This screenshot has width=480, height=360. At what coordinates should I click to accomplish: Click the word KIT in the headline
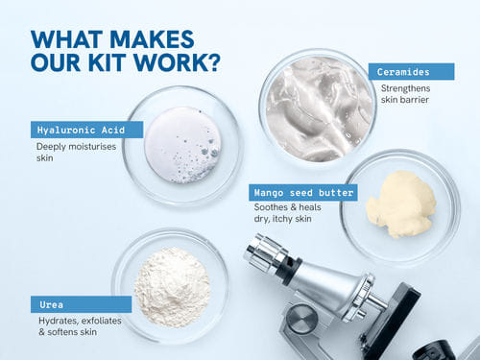[106, 62]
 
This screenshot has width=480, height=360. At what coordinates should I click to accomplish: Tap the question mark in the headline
[212, 62]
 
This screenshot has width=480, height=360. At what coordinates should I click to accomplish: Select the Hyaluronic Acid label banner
[86, 130]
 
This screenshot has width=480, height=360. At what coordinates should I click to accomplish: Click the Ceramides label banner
[411, 72]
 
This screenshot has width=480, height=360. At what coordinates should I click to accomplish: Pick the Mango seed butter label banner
[303, 193]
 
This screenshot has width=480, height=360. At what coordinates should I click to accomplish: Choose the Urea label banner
[81, 304]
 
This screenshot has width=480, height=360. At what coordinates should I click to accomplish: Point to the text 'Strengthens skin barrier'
[405, 94]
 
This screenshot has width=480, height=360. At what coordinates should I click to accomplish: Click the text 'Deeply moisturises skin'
[76, 152]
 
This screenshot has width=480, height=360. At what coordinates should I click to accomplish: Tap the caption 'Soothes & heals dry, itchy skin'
[287, 213]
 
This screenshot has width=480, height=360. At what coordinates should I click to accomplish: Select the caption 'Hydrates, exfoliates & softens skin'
[80, 326]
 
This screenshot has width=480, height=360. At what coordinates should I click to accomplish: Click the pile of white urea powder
[173, 287]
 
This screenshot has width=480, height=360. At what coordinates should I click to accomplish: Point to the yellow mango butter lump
[401, 204]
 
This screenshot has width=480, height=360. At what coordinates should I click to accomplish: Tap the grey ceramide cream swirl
[319, 108]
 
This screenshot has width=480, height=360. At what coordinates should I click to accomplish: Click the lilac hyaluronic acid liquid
[182, 145]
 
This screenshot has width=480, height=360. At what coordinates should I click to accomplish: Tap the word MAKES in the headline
[152, 39]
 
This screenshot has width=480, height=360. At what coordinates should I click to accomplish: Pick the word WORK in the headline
[168, 62]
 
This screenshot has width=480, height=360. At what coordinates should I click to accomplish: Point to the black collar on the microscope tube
[289, 272]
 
